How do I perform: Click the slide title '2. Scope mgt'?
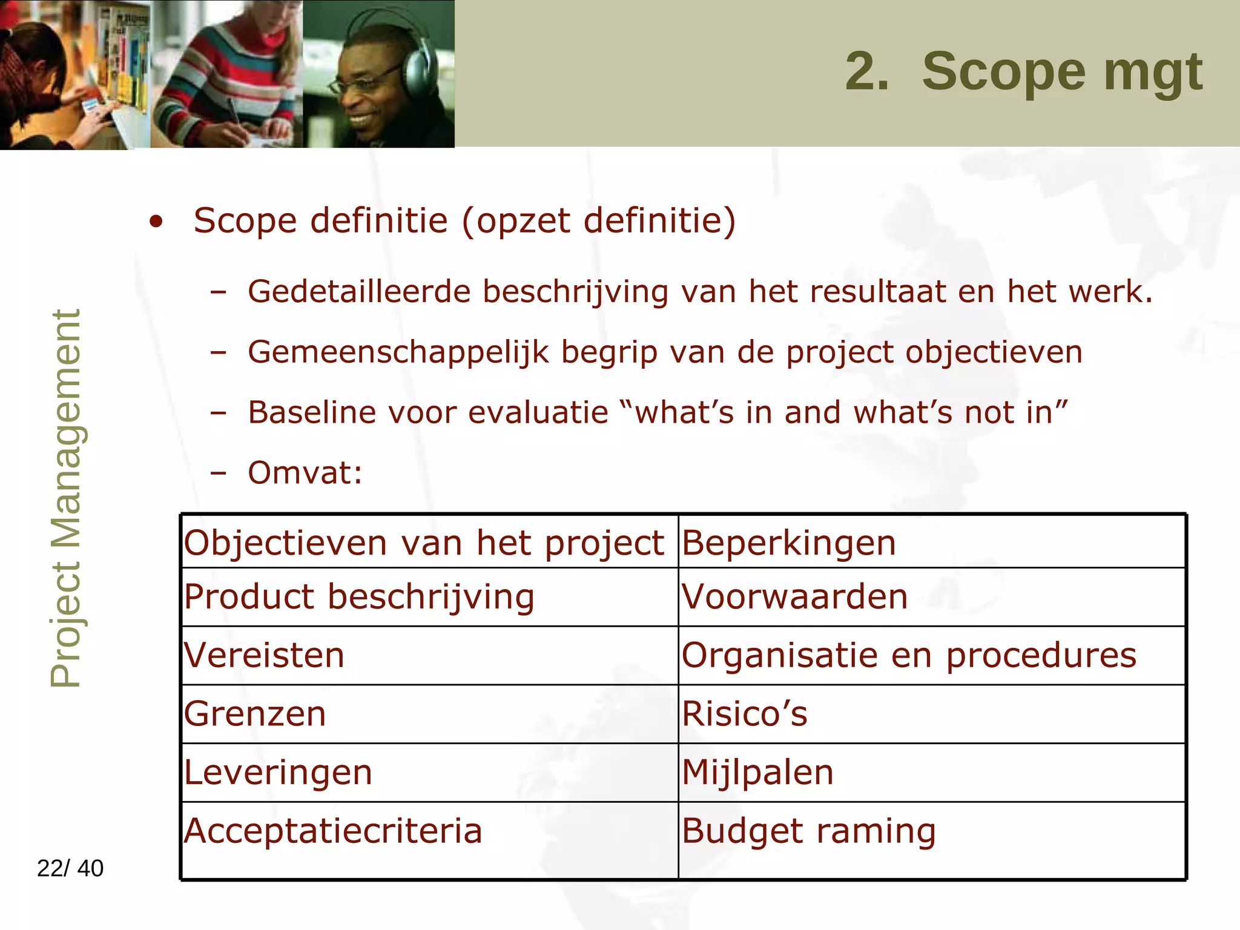coord(1023,73)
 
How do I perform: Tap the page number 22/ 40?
coord(70,868)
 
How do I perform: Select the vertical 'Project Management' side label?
coord(65,499)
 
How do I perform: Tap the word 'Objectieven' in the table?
coord(285,542)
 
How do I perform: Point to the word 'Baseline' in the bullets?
coord(312,413)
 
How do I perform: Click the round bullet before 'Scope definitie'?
coord(156,222)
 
